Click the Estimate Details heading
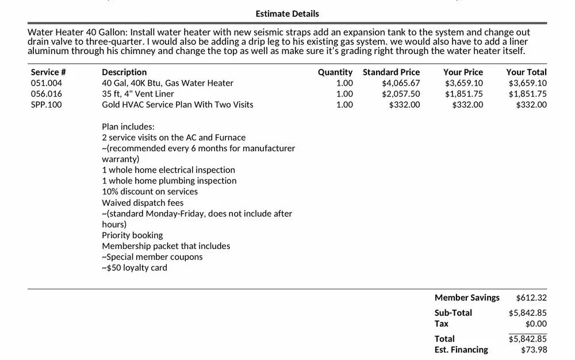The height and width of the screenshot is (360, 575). pos(287,13)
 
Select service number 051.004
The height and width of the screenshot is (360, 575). pos(47,83)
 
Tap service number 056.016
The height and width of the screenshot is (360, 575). pos(47,94)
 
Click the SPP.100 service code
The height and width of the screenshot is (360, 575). pos(47,105)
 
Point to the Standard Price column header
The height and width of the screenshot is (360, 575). pos(391,72)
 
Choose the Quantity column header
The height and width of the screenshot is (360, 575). pos(335,72)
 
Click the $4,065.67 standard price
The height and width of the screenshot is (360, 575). pos(401,83)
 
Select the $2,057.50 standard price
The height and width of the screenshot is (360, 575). pos(401,94)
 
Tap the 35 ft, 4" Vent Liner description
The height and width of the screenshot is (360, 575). pos(138,94)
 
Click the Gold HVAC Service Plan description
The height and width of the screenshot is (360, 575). pos(178,105)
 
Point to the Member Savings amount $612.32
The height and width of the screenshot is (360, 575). pos(531,297)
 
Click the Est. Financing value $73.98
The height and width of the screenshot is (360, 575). pos(534,350)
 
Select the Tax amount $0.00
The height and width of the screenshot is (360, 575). pos(536,324)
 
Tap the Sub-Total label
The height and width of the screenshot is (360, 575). pos(453,313)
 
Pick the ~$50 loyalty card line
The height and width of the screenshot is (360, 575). pos(135,267)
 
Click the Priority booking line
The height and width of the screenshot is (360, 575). pos(132,235)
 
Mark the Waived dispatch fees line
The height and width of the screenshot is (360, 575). pos(143,202)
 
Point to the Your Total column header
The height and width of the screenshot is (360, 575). pos(526,72)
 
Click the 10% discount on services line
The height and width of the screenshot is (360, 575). pos(149,192)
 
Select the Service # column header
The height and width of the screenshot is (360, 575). pos(48,72)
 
